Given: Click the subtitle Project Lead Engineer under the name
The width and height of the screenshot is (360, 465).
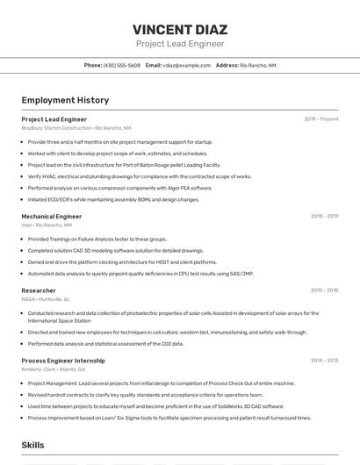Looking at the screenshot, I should (x=180, y=44).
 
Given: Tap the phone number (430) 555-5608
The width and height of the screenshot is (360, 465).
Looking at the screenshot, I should (x=121, y=66).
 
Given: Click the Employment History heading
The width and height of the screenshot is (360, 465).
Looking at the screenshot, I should (x=65, y=100).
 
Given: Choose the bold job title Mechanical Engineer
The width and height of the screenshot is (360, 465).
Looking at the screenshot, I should (x=51, y=216).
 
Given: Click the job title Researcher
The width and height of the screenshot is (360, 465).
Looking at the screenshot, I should (x=39, y=290).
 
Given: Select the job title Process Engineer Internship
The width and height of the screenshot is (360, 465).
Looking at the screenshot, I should (x=63, y=361).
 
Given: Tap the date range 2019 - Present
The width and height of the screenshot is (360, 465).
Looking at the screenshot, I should (x=321, y=119).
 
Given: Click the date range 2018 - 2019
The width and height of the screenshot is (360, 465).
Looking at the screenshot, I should (x=324, y=216).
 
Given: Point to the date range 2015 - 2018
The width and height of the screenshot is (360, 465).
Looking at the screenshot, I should (x=324, y=290).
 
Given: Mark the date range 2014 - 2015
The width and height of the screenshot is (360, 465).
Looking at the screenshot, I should (x=324, y=361).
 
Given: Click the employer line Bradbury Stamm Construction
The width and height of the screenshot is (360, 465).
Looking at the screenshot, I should (x=76, y=128).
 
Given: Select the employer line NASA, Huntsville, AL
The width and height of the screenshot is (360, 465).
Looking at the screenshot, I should (x=45, y=299).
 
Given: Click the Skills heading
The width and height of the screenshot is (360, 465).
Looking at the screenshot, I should (x=32, y=446).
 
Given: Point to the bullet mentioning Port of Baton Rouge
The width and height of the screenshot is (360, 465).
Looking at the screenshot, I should (x=124, y=165).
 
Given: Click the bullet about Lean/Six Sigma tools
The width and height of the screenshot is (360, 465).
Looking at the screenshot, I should (x=169, y=418).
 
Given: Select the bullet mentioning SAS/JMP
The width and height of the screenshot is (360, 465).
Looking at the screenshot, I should (x=140, y=273).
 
